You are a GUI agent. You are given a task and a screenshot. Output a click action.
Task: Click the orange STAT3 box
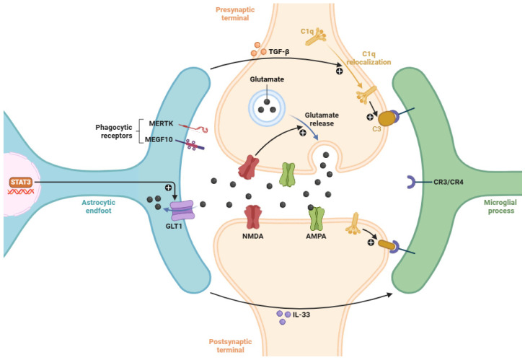tap(21, 183)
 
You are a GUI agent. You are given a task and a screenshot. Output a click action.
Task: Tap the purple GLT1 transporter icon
tap(182, 210)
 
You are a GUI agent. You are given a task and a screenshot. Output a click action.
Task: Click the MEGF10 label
tap(159, 139)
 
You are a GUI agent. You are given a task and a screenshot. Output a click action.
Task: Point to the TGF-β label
tap(279, 52)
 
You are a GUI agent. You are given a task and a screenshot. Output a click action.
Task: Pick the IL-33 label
tap(301, 315)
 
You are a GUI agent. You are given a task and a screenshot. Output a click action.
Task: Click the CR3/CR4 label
tap(449, 183)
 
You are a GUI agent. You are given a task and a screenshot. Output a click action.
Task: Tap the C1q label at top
tap(307, 32)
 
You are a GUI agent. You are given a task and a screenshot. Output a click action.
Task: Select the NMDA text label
tap(253, 236)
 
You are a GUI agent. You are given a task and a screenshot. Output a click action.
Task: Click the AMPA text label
tap(316, 236)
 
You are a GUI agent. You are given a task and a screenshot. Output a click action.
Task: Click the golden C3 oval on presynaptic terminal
tap(386, 118)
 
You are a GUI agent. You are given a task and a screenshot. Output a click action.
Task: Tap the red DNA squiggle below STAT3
tap(21, 192)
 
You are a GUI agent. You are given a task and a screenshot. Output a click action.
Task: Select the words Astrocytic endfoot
tap(98, 206)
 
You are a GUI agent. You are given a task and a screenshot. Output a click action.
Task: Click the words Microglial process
tap(501, 206)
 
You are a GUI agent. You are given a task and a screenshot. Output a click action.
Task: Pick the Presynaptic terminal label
tap(235, 14)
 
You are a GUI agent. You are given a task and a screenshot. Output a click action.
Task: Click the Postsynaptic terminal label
tap(230, 346)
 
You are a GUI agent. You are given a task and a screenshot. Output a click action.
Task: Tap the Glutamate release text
tap(322, 119)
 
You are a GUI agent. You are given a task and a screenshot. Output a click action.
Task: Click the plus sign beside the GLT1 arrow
tap(168, 188)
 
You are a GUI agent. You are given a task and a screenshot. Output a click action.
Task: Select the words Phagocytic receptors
tap(114, 131)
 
